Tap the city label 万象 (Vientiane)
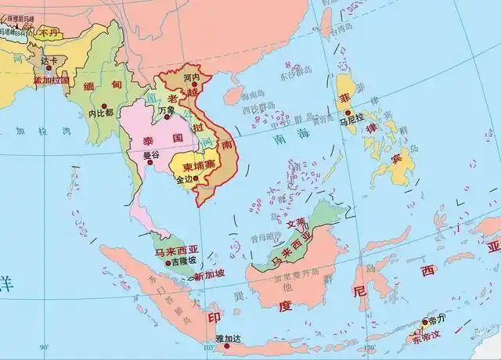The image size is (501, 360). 167,110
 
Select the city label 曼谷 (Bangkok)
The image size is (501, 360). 151,155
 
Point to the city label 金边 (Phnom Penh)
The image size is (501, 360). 184,179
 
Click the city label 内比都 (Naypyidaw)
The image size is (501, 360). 101,113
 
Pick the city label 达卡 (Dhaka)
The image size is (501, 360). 50,60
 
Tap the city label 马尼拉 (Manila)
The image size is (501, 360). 352,121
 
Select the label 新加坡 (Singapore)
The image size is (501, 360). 210,274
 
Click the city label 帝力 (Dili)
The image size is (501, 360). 436,321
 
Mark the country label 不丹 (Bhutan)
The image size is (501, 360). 49,32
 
